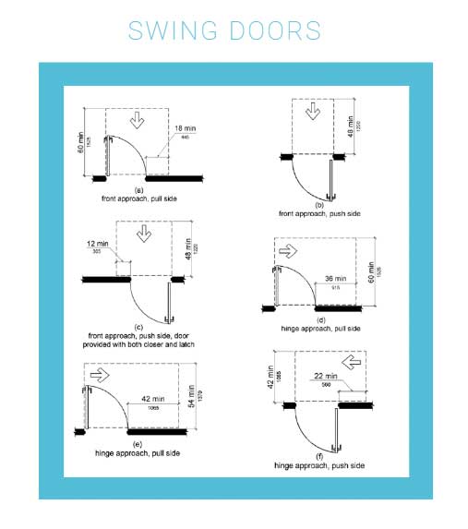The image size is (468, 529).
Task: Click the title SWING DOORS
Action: click(x=225, y=30)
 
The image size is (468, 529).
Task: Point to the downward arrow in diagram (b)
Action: click(x=312, y=110)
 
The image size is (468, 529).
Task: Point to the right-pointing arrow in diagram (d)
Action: click(x=288, y=249)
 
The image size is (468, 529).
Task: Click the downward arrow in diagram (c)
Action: click(x=144, y=234)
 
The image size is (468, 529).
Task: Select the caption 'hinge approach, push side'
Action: click(x=319, y=466)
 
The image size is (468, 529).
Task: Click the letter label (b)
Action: click(x=318, y=204)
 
